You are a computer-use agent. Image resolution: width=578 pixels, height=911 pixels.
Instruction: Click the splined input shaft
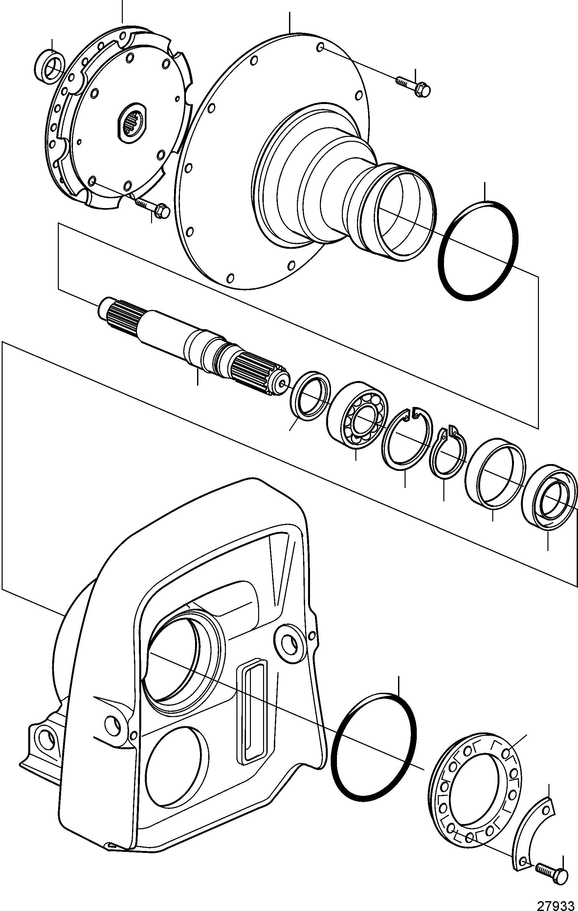coord(193,346)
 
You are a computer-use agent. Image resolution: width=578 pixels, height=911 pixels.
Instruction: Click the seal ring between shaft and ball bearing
coord(310,396)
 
